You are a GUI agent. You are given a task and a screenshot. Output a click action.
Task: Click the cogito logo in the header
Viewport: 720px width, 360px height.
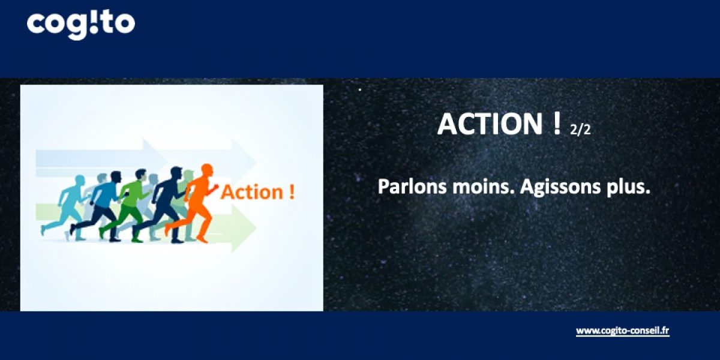pos(80,24)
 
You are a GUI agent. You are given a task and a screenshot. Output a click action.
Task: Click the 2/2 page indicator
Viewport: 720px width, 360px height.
pos(580,129)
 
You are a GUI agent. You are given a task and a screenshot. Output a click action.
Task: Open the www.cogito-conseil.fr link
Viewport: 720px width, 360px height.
pos(622,331)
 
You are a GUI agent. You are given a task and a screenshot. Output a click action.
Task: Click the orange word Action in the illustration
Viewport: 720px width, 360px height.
pos(251,192)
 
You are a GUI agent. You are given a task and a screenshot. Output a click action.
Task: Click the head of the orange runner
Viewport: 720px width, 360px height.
pos(206,170)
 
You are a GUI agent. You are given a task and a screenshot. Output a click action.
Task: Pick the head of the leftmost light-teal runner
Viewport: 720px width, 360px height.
pos(80,181)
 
